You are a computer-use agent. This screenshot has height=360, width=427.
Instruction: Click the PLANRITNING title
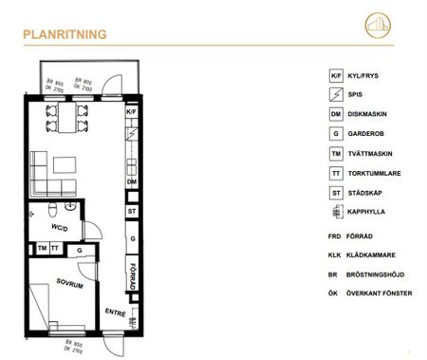65,36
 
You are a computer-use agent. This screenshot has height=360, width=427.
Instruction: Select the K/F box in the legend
335,75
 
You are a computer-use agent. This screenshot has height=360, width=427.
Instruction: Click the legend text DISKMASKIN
371,114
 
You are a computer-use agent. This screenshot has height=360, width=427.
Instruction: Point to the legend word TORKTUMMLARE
378,173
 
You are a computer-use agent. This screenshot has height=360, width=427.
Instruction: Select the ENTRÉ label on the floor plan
114,312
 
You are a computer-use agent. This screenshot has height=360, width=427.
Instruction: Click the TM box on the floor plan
43,248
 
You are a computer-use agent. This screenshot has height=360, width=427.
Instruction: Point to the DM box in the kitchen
132,180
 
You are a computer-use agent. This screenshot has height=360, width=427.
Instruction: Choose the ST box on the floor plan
132,210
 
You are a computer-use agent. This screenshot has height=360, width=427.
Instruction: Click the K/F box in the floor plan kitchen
131,112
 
